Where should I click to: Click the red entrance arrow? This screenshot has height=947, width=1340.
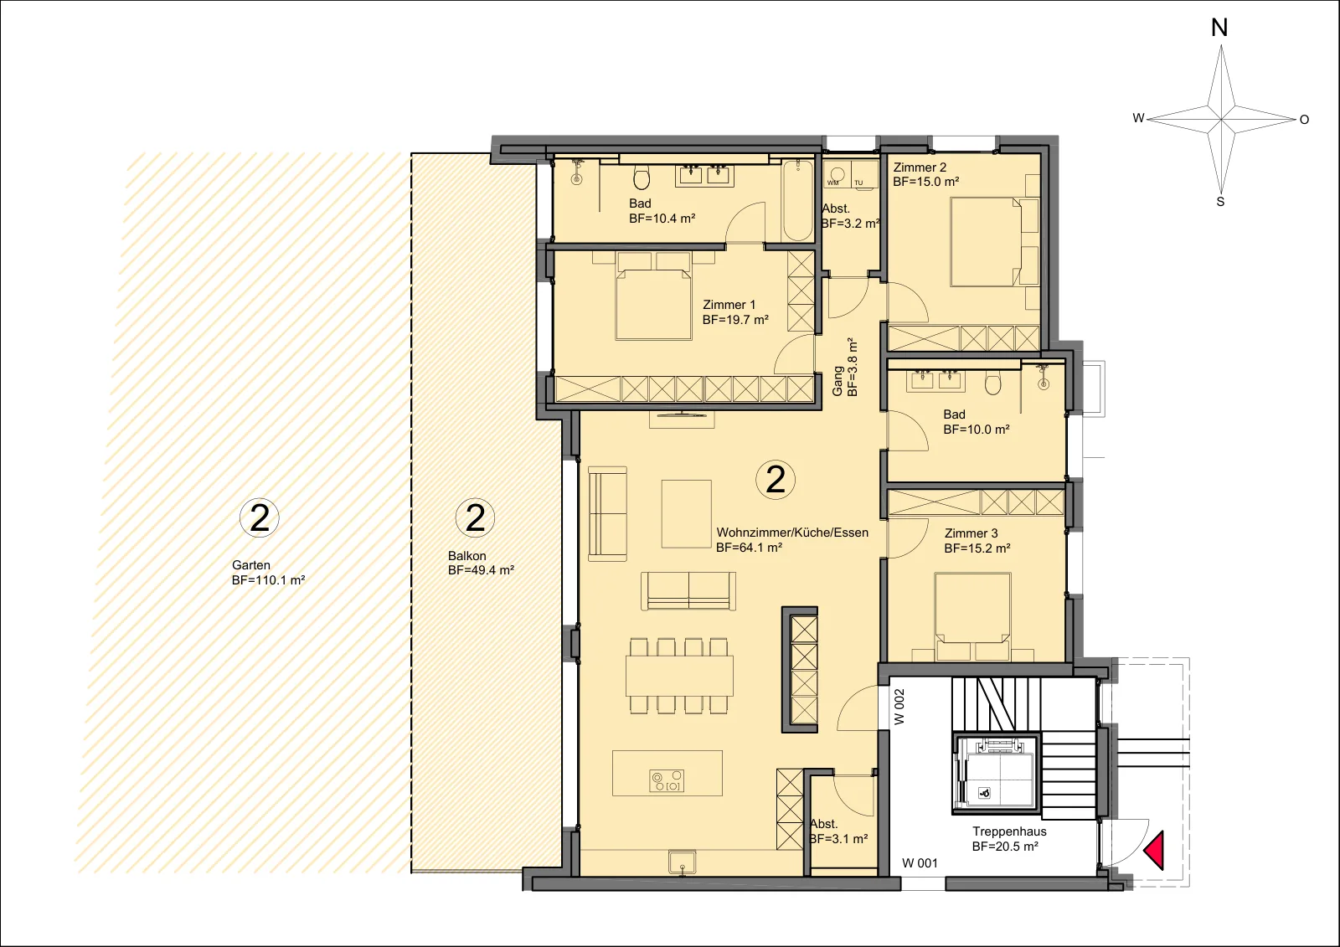(1156, 850)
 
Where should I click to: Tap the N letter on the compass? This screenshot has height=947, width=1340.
(1219, 28)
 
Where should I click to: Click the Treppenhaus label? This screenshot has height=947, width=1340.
(1009, 831)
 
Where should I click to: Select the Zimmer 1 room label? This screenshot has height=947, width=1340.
(729, 305)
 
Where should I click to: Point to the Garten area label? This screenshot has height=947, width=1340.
(251, 564)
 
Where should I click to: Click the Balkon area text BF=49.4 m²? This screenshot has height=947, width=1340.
(481, 571)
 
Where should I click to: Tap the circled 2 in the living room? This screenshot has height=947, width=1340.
(776, 479)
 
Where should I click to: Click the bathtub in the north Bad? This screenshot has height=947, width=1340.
(798, 200)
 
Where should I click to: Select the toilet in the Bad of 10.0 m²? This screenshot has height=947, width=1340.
(992, 383)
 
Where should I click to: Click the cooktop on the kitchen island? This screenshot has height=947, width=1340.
(667, 780)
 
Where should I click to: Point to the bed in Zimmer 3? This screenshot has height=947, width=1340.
(972, 616)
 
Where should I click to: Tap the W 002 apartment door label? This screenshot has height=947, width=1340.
(899, 707)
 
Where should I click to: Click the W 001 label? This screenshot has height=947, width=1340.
(920, 862)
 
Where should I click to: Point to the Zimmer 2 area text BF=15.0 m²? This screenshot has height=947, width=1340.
(926, 182)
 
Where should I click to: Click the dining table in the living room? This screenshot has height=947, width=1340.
(679, 676)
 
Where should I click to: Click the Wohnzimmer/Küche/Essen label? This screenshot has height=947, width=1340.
(792, 533)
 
